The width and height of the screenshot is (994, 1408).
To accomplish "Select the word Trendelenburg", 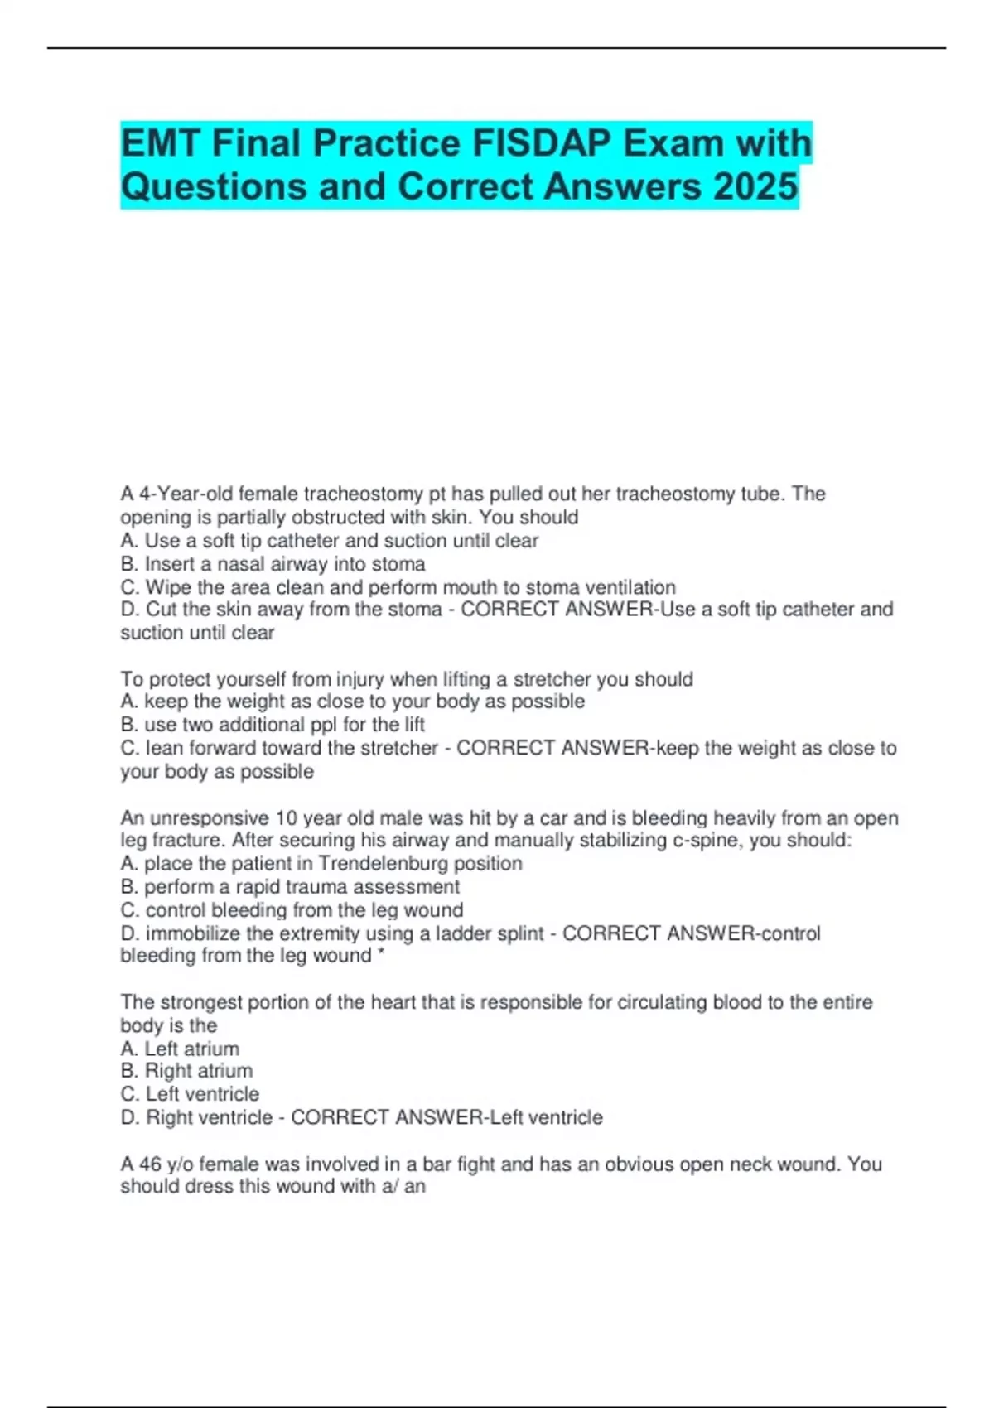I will click(x=379, y=864).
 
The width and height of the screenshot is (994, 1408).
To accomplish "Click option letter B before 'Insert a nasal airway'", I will click(x=128, y=564).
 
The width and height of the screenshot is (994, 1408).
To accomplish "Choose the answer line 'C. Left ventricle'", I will click(x=190, y=1094).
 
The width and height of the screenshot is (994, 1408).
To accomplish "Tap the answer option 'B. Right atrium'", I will click(x=186, y=1071).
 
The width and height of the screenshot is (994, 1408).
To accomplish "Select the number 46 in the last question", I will click(x=150, y=1164).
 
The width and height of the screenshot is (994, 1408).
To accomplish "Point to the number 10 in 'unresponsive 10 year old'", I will click(x=286, y=818).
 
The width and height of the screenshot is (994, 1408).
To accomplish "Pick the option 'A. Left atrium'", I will click(x=180, y=1049).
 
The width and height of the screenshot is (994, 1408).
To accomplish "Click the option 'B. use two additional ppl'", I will click(x=273, y=725).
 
